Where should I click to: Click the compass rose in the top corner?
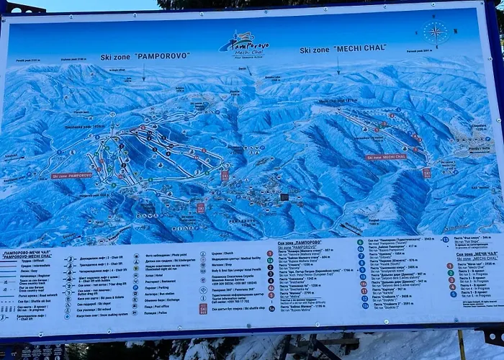pos(435,32)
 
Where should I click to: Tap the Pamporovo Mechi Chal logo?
pos(244,44)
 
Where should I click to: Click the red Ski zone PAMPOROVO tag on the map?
pos(72,175)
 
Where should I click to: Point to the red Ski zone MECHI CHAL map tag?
pos(386,156)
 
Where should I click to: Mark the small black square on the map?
pos(284,196)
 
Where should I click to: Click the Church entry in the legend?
pos(217,253)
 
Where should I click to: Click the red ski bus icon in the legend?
pos(203,308)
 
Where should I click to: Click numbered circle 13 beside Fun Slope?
pos(445,239)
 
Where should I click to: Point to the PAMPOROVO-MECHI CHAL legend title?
pos(27,254)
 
